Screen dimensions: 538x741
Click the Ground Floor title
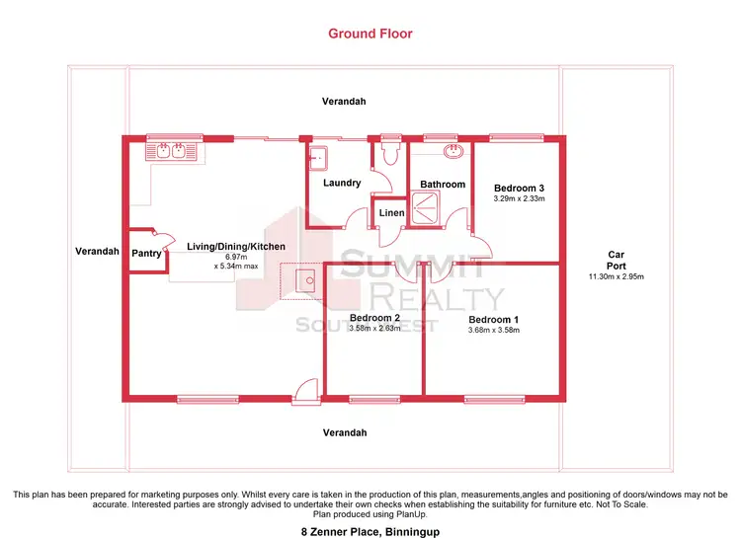(370, 34)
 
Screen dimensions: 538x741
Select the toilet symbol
(388, 153)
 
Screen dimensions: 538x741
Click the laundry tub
(319, 157)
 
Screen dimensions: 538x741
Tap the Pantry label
(146, 253)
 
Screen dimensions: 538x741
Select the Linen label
(389, 213)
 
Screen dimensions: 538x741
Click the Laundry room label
(342, 183)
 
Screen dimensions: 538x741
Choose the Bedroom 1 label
(493, 320)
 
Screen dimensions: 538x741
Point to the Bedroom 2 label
(374, 318)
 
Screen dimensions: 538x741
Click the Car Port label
(616, 261)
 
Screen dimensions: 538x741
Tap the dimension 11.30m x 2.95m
(616, 277)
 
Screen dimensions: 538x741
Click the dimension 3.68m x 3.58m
(493, 331)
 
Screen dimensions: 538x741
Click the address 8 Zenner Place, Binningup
(370, 531)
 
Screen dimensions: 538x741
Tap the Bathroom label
(443, 185)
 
